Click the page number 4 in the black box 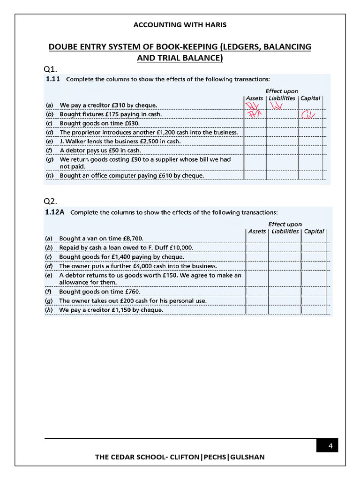coord(330,446)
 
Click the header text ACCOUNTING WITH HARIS coord(180,25)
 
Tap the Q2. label coord(51,201)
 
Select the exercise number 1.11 coord(52,79)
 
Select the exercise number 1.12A coord(55,212)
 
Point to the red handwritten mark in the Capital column coord(308,114)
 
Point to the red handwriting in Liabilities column coord(277,107)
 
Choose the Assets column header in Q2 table coord(257,231)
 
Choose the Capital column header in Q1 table coord(310,98)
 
